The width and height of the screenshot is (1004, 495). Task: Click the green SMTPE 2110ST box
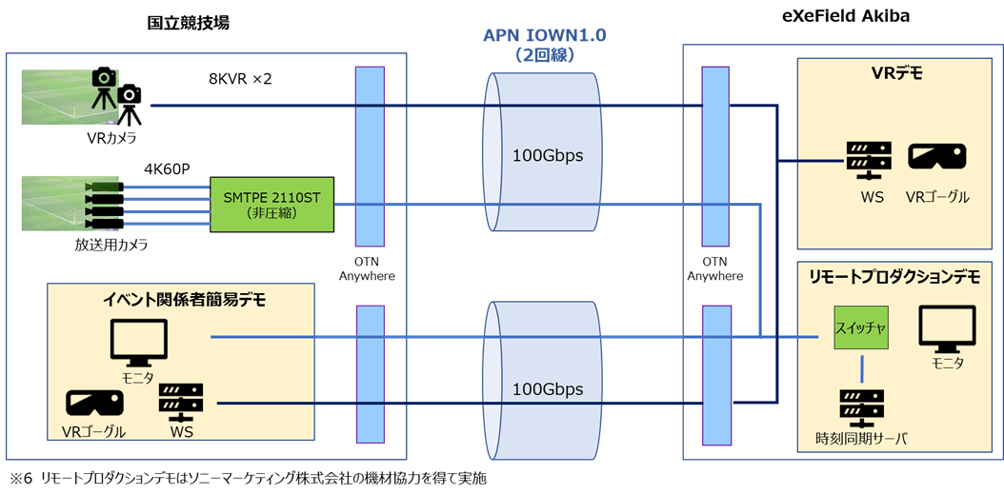click(x=272, y=204)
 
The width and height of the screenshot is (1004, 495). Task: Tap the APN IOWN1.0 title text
click(x=544, y=37)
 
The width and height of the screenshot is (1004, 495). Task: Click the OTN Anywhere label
click(x=715, y=269)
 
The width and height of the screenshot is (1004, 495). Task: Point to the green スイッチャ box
click(x=861, y=327)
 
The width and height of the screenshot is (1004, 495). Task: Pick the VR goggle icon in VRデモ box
click(x=937, y=158)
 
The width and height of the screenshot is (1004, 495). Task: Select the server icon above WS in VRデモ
click(x=867, y=160)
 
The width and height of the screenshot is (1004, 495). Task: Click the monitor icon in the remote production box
click(x=947, y=327)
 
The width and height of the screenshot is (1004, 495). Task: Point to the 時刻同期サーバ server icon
click(x=861, y=406)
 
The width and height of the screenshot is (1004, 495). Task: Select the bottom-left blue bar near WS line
click(x=370, y=373)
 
